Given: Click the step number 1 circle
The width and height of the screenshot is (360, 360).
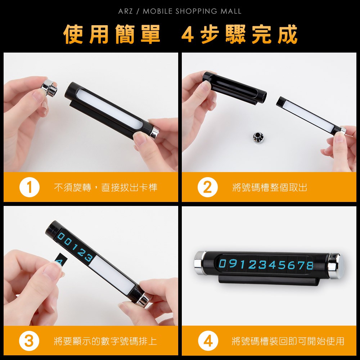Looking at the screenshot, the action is coord(30,187).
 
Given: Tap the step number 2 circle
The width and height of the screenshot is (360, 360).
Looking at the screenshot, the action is coord(208,187).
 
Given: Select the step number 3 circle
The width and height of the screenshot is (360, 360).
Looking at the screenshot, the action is coord(29,341).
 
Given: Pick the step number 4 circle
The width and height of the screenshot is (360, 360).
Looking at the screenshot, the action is coord(208,341).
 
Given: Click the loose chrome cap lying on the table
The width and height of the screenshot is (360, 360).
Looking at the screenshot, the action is coord(258,137).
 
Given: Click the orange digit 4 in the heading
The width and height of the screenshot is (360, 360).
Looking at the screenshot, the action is coord(188,35).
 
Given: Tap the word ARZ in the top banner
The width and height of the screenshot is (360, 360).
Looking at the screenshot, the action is coord(125,11).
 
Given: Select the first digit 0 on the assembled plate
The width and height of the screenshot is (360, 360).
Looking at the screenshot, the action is coord(222,264).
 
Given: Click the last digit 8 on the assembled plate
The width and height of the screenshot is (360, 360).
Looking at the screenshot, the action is coord(309,265).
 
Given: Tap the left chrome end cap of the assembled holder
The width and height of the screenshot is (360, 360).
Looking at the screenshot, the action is coord(200,263).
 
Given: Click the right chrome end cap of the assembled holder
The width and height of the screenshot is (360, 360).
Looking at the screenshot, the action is coord(336,266).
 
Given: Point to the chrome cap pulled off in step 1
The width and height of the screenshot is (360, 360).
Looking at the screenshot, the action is coord(49,87).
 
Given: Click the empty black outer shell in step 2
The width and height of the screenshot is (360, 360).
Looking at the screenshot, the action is coord(234,89).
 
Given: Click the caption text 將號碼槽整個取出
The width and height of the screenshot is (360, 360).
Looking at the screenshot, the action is coord(270,187).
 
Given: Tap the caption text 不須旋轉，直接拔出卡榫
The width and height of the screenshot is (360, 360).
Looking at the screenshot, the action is coord(105,187).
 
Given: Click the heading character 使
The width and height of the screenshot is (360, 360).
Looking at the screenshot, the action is coord(73,35).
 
